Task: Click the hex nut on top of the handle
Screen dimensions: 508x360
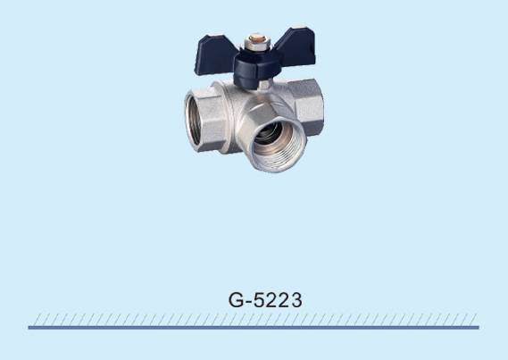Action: (x=256, y=43)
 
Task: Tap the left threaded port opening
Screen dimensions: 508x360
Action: (x=194, y=121)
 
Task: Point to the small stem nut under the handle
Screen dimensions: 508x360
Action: (x=264, y=85)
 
